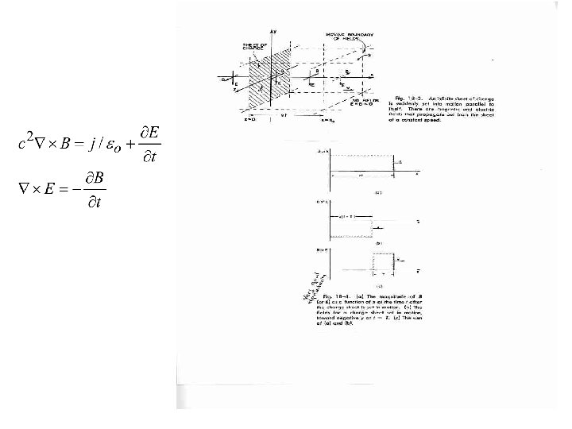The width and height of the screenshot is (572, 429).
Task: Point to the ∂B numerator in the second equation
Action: pyautogui.click(x=99, y=176)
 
